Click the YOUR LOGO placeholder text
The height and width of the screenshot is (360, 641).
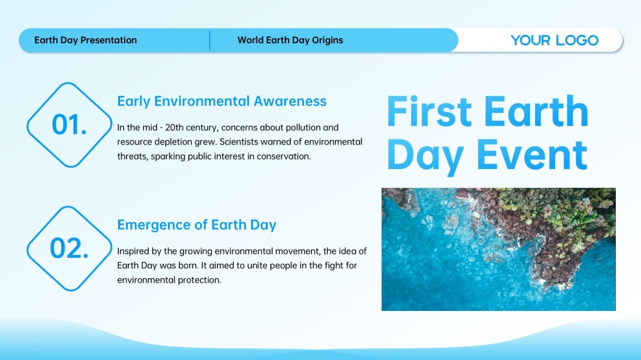tap(555, 40)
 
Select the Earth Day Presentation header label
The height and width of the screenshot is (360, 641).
tap(85, 40)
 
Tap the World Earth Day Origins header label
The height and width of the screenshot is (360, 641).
tap(290, 40)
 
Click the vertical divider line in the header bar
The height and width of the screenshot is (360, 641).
tap(210, 40)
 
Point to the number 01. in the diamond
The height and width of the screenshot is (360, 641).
tap(69, 125)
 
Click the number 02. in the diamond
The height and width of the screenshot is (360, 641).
tap(69, 248)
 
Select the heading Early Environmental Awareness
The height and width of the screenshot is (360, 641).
tap(222, 101)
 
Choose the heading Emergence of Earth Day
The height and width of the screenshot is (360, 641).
tap(197, 225)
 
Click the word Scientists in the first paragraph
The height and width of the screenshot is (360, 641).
tap(239, 142)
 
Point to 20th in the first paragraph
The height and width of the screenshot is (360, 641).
tap(174, 128)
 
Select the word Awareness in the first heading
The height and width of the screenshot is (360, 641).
tap(290, 101)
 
